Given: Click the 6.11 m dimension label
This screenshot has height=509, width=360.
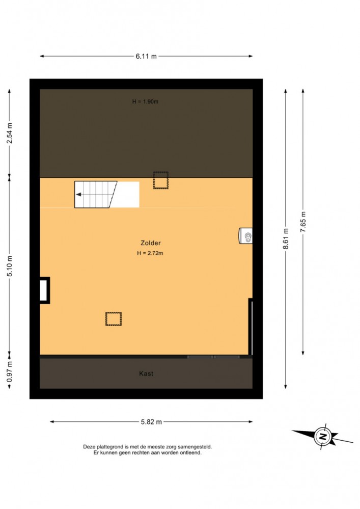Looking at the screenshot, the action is [x=146, y=56].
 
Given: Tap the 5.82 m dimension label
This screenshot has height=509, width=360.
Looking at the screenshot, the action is [x=151, y=422].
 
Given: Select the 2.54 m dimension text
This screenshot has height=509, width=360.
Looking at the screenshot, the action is [x=10, y=133].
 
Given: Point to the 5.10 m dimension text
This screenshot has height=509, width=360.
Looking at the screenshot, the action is [x=10, y=266].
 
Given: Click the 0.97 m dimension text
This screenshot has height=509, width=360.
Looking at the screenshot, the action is [x=10, y=372].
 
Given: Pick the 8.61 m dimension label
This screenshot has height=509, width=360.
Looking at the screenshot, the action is [x=286, y=239].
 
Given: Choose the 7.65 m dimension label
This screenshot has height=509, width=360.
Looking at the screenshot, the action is [x=303, y=222].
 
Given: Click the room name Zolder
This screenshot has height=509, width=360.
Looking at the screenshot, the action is [x=151, y=243].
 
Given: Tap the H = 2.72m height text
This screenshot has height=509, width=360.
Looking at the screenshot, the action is [x=150, y=253].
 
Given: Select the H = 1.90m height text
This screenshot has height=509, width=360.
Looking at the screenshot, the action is [x=145, y=101].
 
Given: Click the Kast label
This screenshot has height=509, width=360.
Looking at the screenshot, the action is [x=146, y=373].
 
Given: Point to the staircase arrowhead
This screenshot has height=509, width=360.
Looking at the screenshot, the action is [x=78, y=195].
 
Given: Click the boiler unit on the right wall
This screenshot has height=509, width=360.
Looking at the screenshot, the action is [x=245, y=236].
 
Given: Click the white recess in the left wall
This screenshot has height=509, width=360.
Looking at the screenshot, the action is [x=44, y=290].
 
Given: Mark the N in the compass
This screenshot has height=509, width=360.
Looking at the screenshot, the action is [x=323, y=436].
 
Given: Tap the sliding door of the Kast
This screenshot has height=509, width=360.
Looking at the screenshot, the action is [x=213, y=357].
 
